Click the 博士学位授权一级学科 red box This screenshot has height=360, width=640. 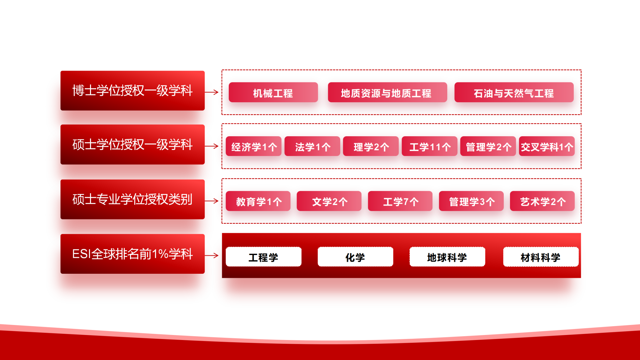pos(132,91)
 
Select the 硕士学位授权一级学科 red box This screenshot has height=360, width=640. pos(132,144)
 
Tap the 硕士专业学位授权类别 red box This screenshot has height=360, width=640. pos(132,199)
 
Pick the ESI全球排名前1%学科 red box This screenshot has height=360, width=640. pos(132,254)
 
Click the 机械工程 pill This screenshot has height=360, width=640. pos(273,92)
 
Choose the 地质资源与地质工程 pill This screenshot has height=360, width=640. pos(387,92)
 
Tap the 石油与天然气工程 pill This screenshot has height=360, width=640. pos(514,92)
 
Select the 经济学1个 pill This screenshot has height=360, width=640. pos(253,146)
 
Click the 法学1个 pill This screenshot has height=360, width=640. pos(312,146)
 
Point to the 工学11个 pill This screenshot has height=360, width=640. pos(429,146)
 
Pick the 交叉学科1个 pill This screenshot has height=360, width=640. pos(547,146)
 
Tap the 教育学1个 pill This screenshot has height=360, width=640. pos(258,201)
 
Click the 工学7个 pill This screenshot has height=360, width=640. pos(400,201)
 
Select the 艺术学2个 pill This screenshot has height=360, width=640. pos(542,201)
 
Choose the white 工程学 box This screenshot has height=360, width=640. pos(264,257)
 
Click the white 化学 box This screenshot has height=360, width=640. pos(355,257)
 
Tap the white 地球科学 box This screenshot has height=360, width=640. pos(447,257)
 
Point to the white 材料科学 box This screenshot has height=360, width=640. pos(541,257)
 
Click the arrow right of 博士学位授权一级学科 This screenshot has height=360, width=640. pos(212,92)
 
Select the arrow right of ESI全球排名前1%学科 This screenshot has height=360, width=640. pos(212,256)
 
